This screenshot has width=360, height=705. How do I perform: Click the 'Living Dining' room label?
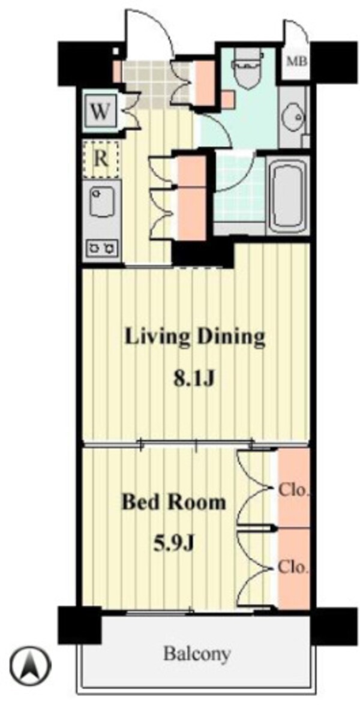194,337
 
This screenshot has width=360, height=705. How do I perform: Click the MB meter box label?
298,62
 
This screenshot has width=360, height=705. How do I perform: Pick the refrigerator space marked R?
101,160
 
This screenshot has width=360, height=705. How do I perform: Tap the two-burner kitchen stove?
101,247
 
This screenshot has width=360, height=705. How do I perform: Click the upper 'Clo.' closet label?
293,489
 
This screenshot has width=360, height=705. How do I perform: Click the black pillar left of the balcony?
80,625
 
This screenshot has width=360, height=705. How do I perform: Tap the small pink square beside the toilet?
228,100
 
